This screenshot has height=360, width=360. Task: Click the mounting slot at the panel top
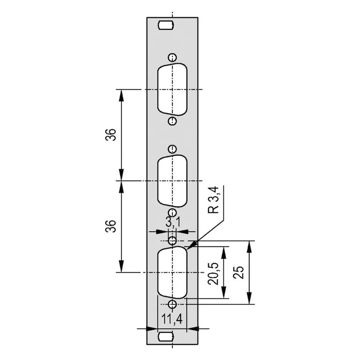[x=166, y=25]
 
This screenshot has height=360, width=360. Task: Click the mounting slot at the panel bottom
[x=166, y=337]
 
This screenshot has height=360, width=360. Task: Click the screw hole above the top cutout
[x=172, y=57]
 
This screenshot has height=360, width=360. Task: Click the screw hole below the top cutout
[x=172, y=121]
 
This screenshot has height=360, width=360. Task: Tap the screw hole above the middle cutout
[x=172, y=149]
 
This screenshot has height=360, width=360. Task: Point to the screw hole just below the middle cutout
[x=172, y=212]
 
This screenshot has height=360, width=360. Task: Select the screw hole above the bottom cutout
[x=172, y=241]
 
